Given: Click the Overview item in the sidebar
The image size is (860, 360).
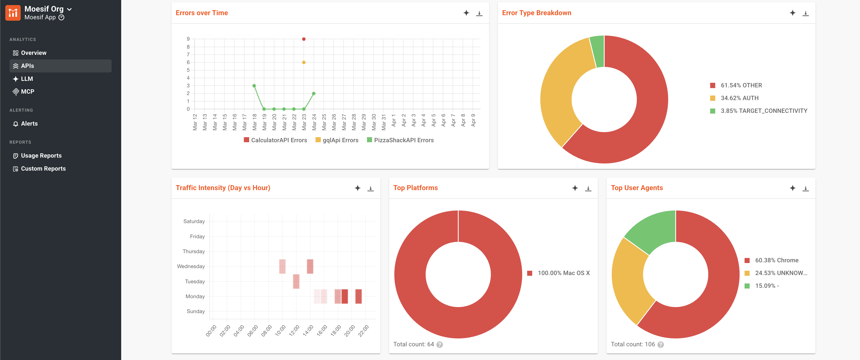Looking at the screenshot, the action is tap(29, 53).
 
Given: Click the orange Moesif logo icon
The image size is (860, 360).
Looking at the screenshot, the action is tap(13, 13).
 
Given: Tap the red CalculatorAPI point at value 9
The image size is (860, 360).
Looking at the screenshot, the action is tap(304, 39).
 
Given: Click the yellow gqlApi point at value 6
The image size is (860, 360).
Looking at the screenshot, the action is tap(304, 63).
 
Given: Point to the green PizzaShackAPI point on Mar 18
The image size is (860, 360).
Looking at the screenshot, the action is tap(254, 86).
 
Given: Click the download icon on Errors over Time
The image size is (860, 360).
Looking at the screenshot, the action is tap(479, 13).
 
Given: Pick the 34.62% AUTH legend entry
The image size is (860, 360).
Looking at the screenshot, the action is tap(734, 98).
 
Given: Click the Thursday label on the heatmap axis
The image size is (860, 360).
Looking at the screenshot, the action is tap(194, 251).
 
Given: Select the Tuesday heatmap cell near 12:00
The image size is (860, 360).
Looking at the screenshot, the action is tap(296, 282).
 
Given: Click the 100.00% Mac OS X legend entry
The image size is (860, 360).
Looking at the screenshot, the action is tap(558, 273).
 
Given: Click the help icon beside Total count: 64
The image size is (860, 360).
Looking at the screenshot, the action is tap(440, 345).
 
